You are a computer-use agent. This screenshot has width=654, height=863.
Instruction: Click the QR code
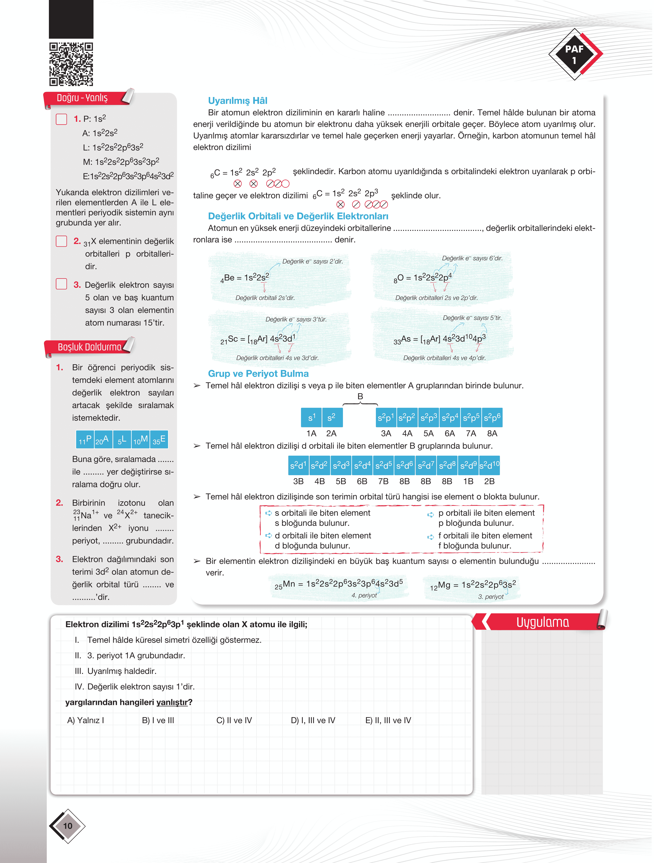pyautogui.click(x=71, y=64)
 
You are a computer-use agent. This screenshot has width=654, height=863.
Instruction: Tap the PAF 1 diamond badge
pyautogui.click(x=575, y=55)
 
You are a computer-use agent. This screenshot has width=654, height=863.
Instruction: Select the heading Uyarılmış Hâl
pyautogui.click(x=237, y=101)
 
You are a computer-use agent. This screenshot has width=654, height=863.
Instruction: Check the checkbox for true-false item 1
pyautogui.click(x=61, y=119)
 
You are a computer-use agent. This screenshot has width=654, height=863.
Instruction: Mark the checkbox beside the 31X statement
pyautogui.click(x=61, y=241)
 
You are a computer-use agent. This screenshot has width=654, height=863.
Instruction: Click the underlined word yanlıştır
pyautogui.click(x=172, y=702)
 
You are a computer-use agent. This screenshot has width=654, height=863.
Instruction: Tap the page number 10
pyautogui.click(x=67, y=826)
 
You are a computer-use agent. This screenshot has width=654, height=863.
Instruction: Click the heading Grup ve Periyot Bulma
pyautogui.click(x=258, y=374)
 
